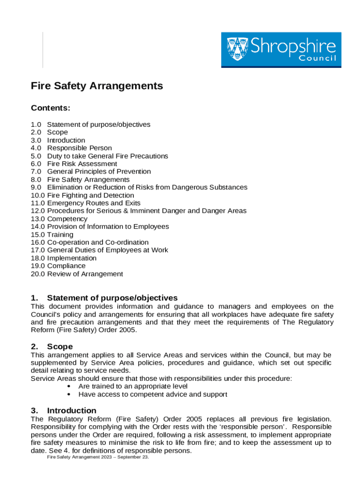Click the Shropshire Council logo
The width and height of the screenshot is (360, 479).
coord(281,50)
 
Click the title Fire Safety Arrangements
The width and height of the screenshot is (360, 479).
coord(97,86)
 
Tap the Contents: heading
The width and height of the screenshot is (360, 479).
coord(50,109)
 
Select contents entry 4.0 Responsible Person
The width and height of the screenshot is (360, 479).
coord(71,148)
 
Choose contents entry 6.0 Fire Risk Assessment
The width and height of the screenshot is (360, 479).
coord(74,164)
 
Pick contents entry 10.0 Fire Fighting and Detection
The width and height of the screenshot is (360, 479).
coord(82,195)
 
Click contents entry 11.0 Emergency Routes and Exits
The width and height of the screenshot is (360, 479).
coord(86,203)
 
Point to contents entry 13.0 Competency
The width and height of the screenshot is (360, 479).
coord(59,219)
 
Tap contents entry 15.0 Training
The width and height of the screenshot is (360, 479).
coord(52,234)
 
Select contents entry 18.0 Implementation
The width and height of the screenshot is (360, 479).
coord(64,258)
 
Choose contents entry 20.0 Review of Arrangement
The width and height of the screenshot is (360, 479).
coord(77,274)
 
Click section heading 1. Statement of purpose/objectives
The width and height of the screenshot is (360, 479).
coord(104,298)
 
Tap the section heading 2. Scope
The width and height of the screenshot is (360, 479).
coord(52,347)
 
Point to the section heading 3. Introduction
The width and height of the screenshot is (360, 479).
coord(64,411)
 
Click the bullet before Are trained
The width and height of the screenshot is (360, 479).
coord(69,386)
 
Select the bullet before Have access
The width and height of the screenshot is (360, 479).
coord(69,394)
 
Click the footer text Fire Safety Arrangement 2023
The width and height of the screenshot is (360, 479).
coord(98,457)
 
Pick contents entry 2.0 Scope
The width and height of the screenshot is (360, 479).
coord(49,132)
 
